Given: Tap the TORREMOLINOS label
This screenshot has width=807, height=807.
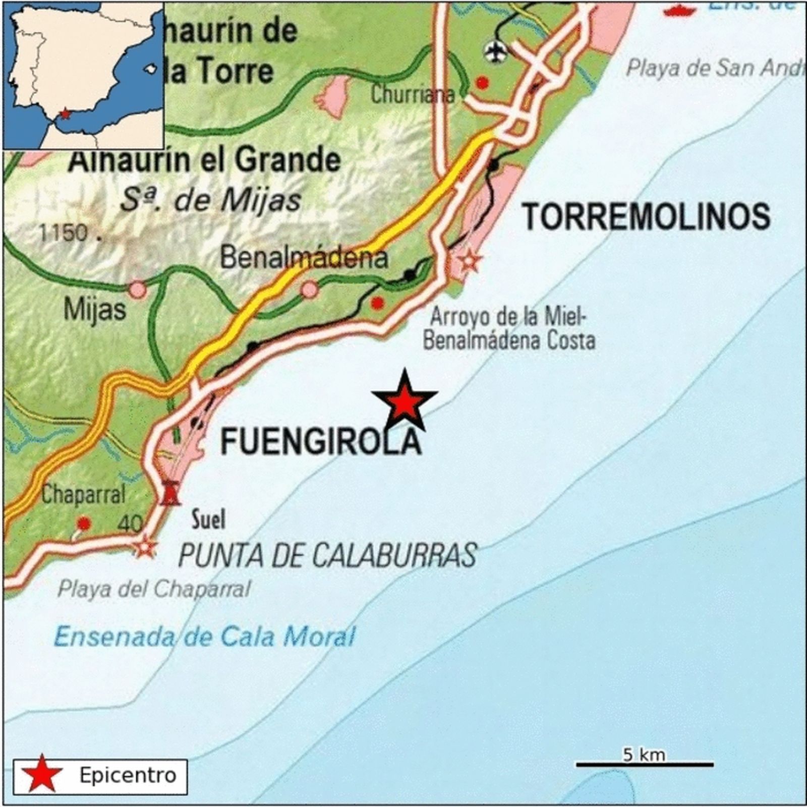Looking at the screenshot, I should click(646, 217).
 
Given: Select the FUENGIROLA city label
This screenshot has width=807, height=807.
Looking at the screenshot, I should click(321, 442).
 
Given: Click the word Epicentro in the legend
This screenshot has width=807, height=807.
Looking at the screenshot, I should click(128, 775).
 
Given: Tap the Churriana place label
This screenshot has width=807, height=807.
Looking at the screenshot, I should click(413, 94).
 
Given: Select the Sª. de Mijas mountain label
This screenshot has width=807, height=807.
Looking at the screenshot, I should click(211, 200).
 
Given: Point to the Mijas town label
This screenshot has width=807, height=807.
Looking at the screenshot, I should click(94, 309).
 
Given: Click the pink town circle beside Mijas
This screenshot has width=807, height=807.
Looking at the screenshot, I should click(137, 290).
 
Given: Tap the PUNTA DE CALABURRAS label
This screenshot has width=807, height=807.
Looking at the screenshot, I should click(327, 555).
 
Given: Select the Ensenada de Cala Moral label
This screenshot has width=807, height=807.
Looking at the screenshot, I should click(204, 637).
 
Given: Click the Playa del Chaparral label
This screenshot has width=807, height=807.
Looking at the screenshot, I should click(154, 589).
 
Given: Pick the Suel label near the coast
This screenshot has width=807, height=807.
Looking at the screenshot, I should click(208, 520).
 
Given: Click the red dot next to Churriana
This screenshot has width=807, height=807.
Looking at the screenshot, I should click(482, 83).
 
